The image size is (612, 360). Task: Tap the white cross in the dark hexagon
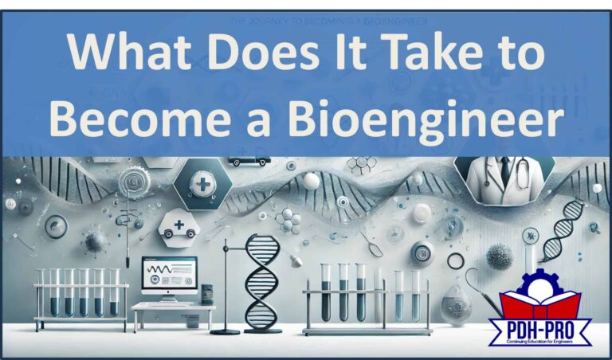point(203,183)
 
